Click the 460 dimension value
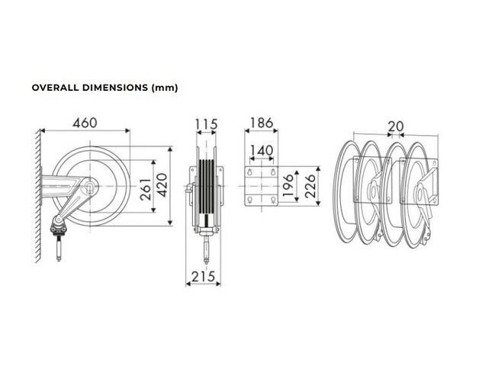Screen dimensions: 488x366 point(85,123)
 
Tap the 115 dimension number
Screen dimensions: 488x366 point(207,124)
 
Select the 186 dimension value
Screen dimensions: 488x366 point(262,123)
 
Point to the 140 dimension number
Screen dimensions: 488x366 point(262,151)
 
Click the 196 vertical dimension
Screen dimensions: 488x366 point(288,185)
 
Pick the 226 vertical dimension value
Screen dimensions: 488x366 point(310,186)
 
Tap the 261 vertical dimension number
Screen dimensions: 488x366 point(146,189)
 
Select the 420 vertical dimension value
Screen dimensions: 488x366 point(162,185)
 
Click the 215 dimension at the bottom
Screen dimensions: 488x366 point(204,276)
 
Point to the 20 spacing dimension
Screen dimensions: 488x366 point(396,127)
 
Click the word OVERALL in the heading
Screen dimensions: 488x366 point(56,88)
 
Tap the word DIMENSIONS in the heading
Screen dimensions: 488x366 point(115,88)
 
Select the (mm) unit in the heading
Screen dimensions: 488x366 point(165,88)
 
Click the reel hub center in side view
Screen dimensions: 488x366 point(90,186)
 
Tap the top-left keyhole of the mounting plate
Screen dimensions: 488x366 point(249,172)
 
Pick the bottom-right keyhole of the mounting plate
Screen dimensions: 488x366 point(273,199)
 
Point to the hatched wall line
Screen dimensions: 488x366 point(38,195)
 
